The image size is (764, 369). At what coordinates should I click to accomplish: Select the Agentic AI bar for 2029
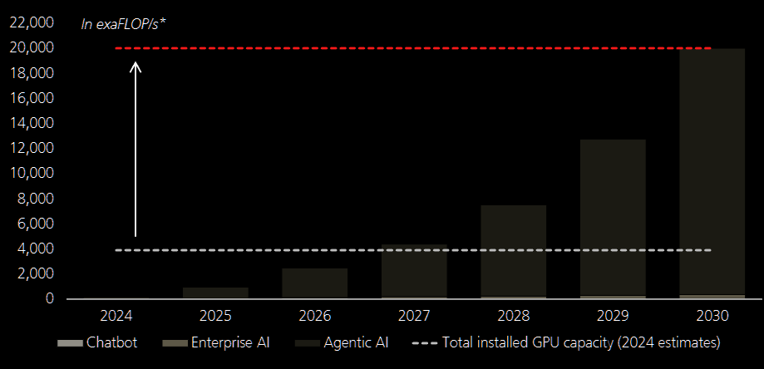(613, 216)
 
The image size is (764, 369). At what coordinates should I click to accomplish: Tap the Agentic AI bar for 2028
(513, 249)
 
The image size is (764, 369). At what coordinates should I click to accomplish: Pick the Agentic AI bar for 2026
(314, 283)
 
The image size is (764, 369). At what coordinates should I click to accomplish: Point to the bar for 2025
(215, 293)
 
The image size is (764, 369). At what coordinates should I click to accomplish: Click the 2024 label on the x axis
(116, 316)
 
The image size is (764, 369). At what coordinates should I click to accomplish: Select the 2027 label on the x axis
(414, 316)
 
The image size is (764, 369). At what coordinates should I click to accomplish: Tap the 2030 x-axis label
(712, 316)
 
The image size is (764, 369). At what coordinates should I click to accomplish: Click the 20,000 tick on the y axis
(32, 48)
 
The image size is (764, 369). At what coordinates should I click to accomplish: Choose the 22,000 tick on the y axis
(32, 22)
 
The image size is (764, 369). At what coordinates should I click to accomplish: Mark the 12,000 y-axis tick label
(32, 148)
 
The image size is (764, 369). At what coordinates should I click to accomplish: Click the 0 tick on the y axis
(50, 298)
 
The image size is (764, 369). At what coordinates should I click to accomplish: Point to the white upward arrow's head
(136, 63)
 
